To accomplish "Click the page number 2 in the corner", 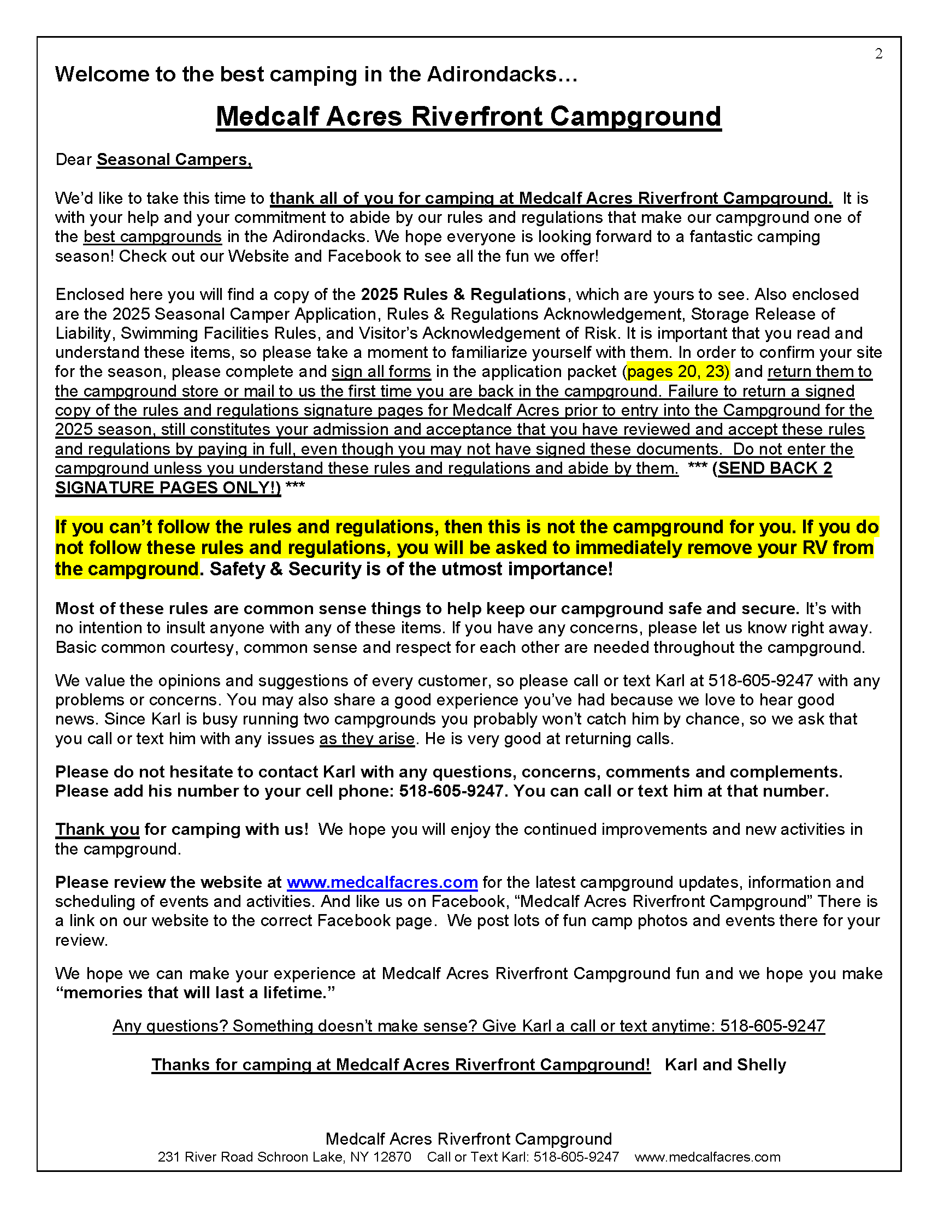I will (878, 54).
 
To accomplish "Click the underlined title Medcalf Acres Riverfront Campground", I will (468, 117).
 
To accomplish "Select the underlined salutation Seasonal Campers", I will (174, 160).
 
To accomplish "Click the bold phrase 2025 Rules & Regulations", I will (463, 294).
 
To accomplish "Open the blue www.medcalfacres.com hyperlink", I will (382, 882).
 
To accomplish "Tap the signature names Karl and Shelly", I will (725, 1065).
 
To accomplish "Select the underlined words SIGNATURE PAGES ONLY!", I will (168, 488).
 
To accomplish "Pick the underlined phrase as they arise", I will (367, 739).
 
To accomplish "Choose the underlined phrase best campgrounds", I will (152, 237).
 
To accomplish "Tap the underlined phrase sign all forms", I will (381, 372).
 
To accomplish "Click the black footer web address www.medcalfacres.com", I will (707, 1157).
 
